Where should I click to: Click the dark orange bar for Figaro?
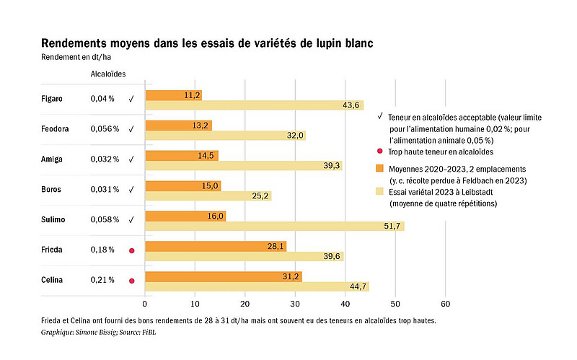(173, 95)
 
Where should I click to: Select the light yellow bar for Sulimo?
(274, 227)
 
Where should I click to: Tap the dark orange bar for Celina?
(223, 276)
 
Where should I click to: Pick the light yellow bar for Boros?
(208, 196)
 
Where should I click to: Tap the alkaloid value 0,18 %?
(102, 250)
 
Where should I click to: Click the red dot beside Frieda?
(132, 250)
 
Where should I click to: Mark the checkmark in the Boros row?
(131, 189)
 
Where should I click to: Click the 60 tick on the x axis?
(446, 303)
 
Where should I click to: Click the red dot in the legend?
(380, 152)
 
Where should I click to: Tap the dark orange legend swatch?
(380, 167)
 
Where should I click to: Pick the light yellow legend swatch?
(380, 193)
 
